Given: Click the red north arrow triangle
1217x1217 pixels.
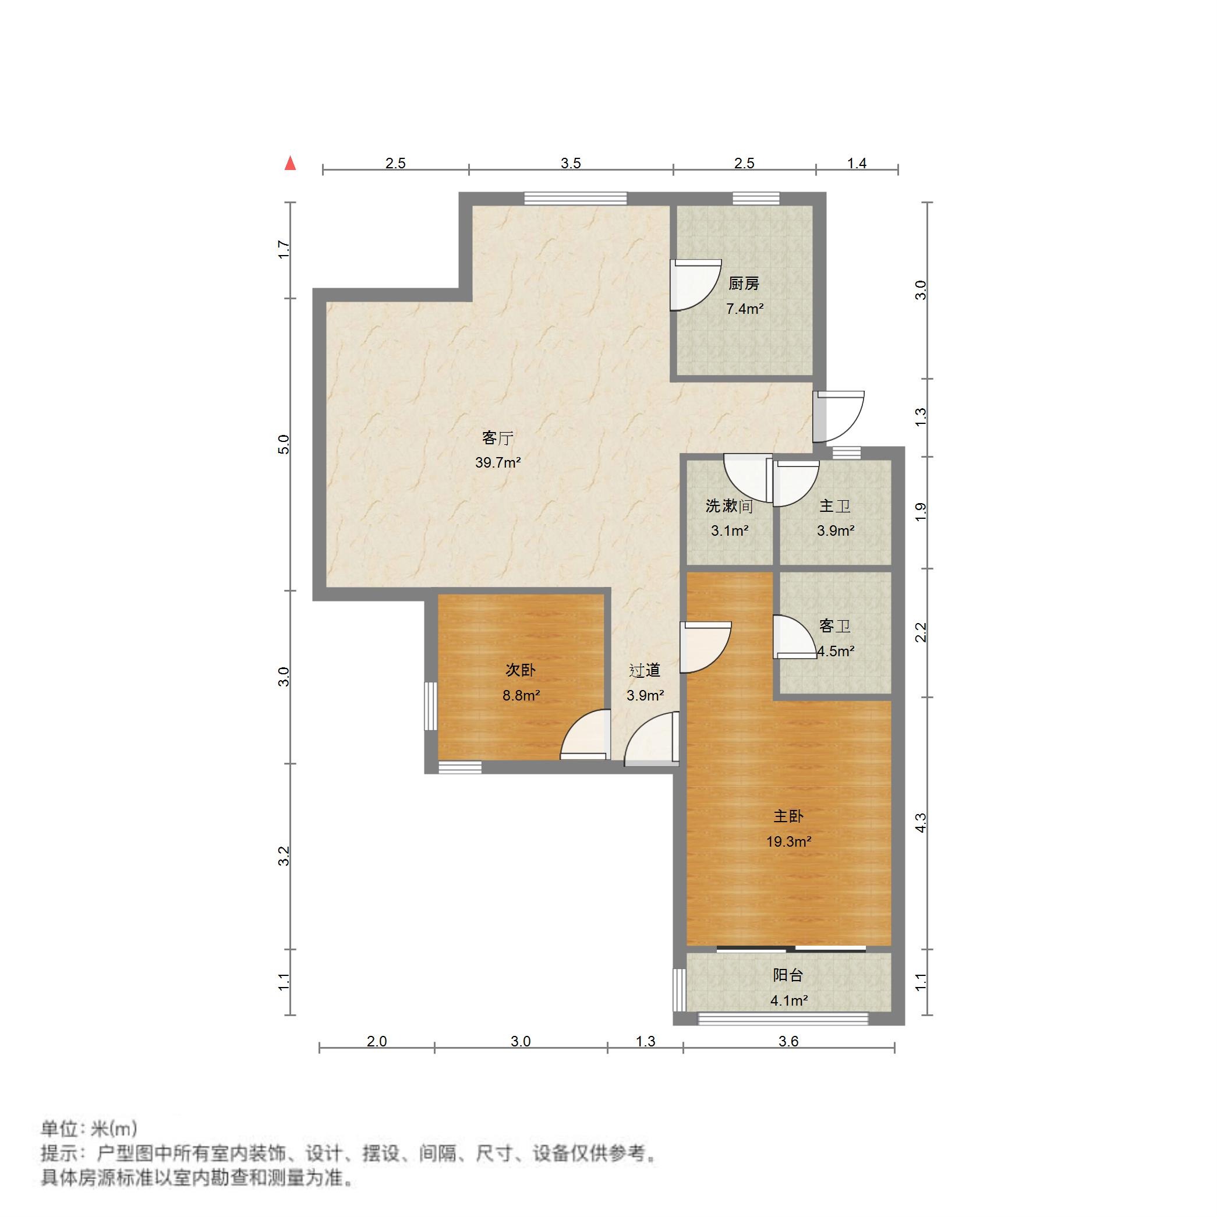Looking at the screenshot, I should click(x=290, y=164).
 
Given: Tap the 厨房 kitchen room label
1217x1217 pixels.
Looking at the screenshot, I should click(x=744, y=284).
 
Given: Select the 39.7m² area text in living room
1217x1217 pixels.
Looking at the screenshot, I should click(x=498, y=463).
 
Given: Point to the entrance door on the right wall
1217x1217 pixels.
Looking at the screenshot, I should click(x=838, y=416).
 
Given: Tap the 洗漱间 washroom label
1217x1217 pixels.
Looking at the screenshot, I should click(x=729, y=506).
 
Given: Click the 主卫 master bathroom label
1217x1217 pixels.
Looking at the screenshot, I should click(x=834, y=506).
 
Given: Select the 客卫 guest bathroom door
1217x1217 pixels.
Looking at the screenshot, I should click(x=794, y=637).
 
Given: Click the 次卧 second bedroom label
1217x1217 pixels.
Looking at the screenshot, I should click(x=521, y=670).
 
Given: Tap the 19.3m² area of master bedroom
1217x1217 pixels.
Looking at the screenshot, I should click(x=788, y=841).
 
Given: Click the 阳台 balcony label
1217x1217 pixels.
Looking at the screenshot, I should click(x=788, y=975).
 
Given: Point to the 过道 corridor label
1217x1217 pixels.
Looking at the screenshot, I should click(x=645, y=670).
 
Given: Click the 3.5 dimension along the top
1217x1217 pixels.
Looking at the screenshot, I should click(x=571, y=164).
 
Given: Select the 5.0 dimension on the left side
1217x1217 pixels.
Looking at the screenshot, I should click(x=284, y=445).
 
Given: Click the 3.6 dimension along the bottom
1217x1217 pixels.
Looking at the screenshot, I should click(x=788, y=1041).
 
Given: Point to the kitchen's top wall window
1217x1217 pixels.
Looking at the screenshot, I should click(x=756, y=199).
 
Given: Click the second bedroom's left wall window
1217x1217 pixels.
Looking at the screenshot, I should click(x=431, y=706).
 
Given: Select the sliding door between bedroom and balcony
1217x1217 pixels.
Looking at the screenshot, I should click(x=791, y=948).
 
